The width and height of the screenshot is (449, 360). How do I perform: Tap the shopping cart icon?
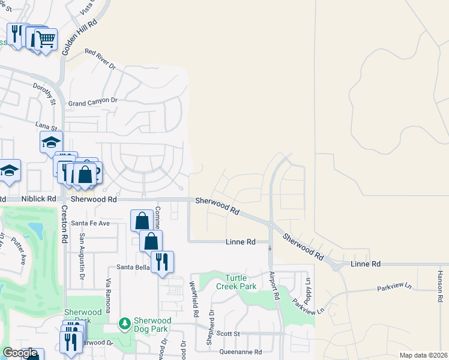click(x=46, y=40)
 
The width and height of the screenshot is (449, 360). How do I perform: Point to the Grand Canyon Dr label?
click(x=92, y=103)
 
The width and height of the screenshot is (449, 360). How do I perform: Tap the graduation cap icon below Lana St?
click(x=52, y=143)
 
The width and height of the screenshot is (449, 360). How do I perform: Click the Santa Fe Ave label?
click(x=91, y=223)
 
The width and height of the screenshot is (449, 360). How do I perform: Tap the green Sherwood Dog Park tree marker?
click(x=125, y=324)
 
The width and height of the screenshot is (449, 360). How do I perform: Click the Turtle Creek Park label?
click(x=241, y=282)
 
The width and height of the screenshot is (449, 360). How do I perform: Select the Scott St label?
click(x=228, y=334)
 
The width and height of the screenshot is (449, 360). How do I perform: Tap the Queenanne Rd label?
click(x=241, y=352)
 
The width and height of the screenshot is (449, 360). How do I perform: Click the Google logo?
click(x=20, y=353)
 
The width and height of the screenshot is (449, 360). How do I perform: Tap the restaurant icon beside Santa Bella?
click(x=162, y=262)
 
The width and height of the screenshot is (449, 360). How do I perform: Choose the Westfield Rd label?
click(x=194, y=299)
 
